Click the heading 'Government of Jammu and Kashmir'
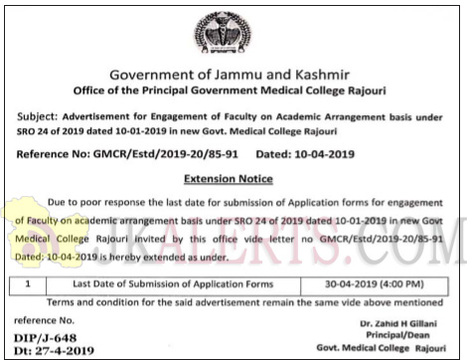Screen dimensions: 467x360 point(233,76)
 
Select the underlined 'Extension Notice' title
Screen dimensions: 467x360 point(233,179)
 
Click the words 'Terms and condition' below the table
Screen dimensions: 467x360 point(95,299)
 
